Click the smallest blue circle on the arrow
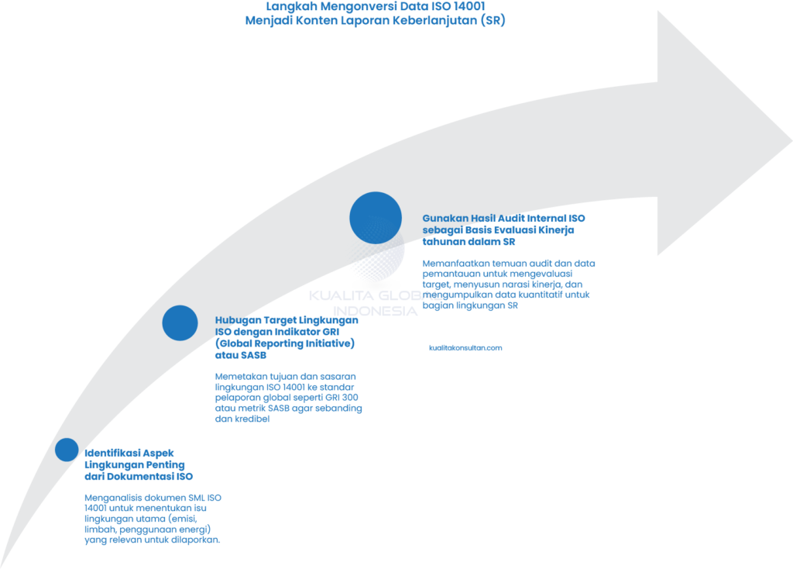(67, 450)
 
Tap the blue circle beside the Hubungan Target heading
(180, 322)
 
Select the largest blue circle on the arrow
(376, 217)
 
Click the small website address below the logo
(465, 348)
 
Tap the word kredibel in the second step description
(249, 418)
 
